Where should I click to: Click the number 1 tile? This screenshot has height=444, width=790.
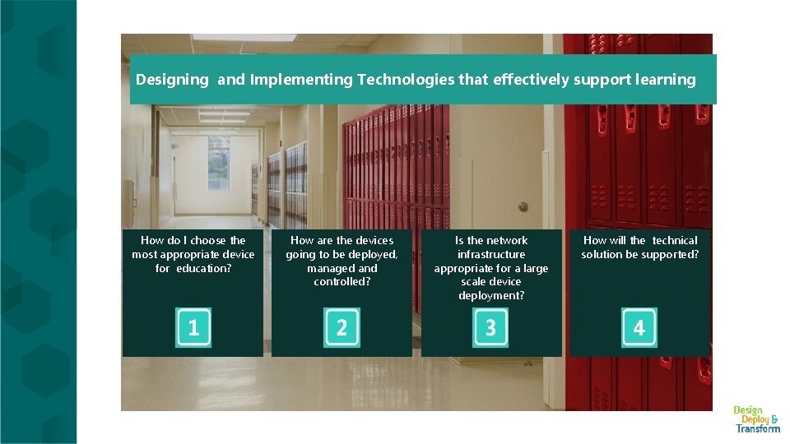pyautogui.click(x=193, y=327)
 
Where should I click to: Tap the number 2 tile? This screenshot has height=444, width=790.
pyautogui.click(x=342, y=327)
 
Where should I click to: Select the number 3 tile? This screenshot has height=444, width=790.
pyautogui.click(x=490, y=327)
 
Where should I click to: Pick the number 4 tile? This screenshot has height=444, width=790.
pyautogui.click(x=639, y=327)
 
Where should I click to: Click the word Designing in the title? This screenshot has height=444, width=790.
pyautogui.click(x=173, y=80)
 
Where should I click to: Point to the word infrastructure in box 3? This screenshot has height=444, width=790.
pyautogui.click(x=491, y=254)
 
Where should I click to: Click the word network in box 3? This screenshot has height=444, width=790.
pyautogui.click(x=508, y=240)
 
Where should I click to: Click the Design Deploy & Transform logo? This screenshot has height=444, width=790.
pyautogui.click(x=757, y=419)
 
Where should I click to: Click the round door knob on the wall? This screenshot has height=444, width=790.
pyautogui.click(x=523, y=206)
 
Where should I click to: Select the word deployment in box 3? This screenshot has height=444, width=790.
pyautogui.click(x=491, y=295)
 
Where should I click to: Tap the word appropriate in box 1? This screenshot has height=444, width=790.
pyautogui.click(x=194, y=254)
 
